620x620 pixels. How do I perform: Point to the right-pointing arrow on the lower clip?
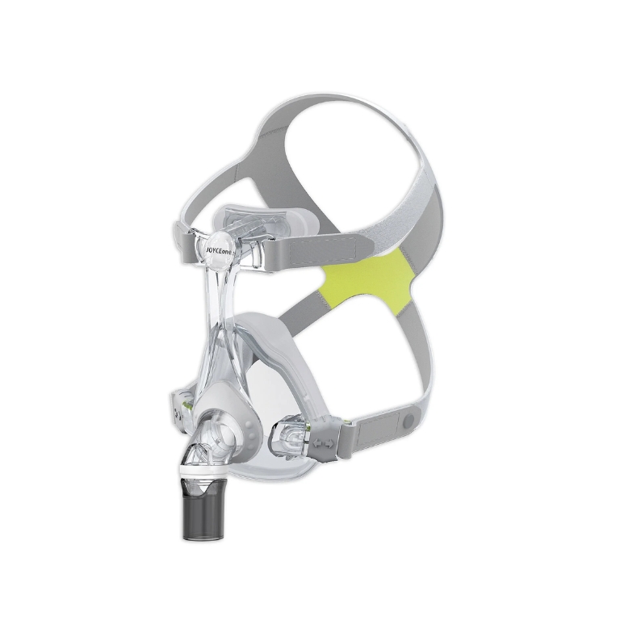(329, 445)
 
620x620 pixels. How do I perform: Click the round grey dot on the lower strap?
(408, 422)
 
